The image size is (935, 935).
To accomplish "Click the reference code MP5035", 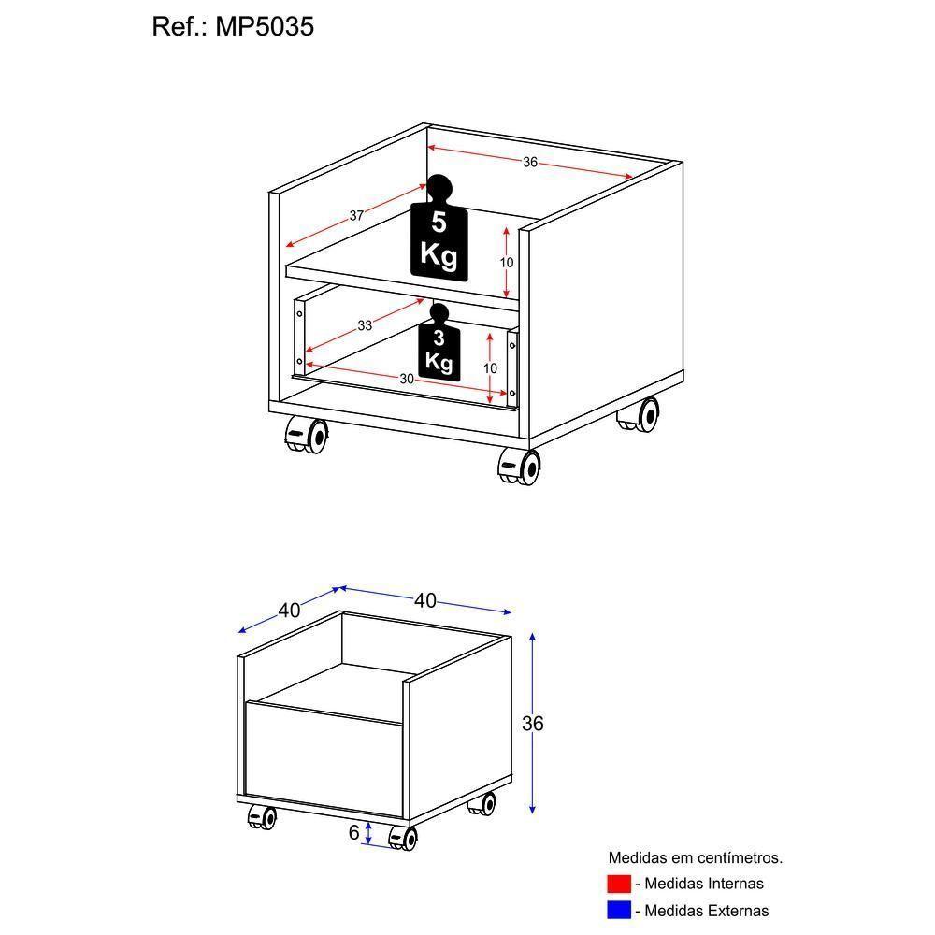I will [x=265, y=27].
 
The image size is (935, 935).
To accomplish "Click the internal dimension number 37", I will [x=356, y=215].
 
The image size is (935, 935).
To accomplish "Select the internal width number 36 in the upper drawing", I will [x=530, y=162].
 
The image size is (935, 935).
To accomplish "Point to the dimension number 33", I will [x=365, y=325].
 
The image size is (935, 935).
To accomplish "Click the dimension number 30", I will [x=406, y=379].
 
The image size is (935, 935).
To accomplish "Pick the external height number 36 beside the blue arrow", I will [x=532, y=723].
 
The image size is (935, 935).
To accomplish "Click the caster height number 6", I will [x=354, y=832].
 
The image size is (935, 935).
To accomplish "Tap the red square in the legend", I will [x=618, y=884].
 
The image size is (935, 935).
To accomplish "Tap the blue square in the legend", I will [x=618, y=910].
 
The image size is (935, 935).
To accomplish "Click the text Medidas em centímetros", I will [x=695, y=857].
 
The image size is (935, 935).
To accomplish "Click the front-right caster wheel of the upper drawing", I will [x=520, y=466].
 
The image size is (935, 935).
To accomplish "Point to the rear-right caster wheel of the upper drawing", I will [x=640, y=414].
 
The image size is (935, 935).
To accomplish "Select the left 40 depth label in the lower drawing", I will [x=289, y=611].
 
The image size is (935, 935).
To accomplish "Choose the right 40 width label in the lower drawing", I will [x=425, y=601].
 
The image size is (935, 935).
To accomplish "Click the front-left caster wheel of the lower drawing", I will [x=263, y=818].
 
